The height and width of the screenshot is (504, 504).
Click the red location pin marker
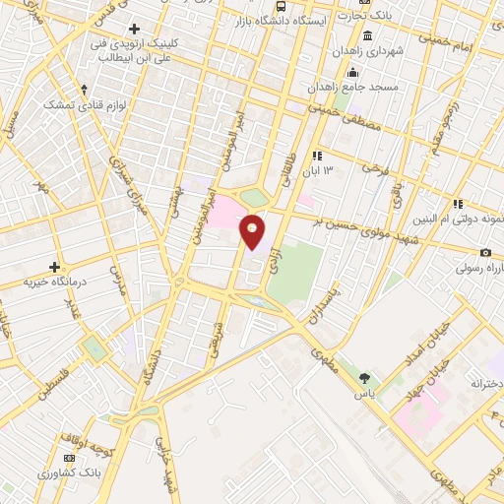[x=253, y=232]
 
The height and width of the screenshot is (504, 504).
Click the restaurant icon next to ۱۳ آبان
[x=317, y=156]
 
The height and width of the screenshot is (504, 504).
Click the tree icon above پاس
[x=366, y=377]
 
